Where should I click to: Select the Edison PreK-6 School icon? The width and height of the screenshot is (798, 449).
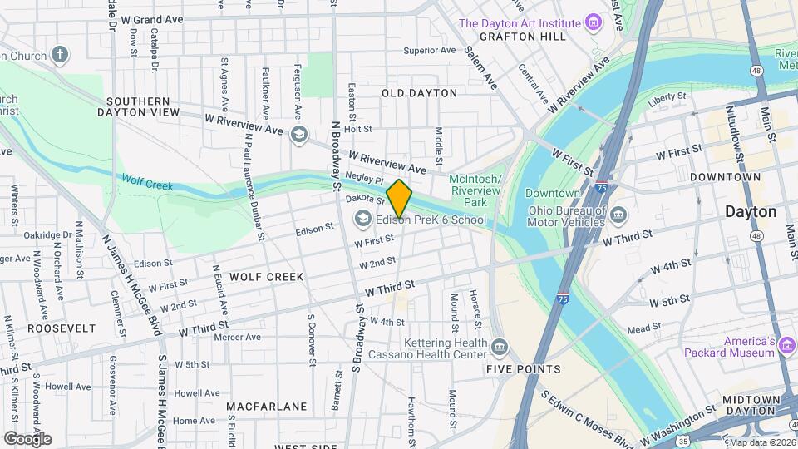(362, 220)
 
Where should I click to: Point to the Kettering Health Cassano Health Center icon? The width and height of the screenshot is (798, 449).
(499, 346)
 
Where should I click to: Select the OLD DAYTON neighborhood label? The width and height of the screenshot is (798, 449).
(419, 93)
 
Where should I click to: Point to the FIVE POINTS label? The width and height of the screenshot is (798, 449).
(524, 369)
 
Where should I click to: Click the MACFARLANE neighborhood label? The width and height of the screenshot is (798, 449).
(267, 407)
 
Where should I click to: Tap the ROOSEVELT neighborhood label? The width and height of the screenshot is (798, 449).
(62, 328)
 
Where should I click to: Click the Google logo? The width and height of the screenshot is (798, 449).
(27, 438)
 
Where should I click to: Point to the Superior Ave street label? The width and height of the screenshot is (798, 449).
(430, 50)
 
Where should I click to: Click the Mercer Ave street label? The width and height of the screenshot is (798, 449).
(237, 337)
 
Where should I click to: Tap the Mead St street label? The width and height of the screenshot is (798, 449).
(643, 329)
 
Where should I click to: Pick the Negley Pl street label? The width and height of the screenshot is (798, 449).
(367, 180)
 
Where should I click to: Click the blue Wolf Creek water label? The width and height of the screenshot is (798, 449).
(147, 180)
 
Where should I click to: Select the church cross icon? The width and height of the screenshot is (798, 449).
(59, 55)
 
